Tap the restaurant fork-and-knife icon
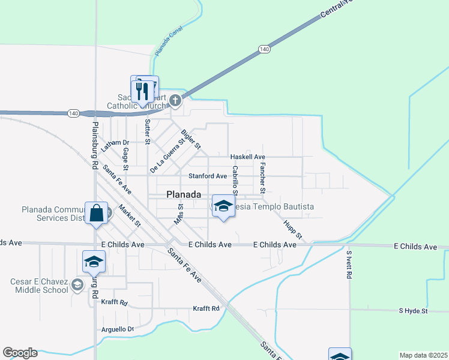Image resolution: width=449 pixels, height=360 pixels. (x=142, y=91)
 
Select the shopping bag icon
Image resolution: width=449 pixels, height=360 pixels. (x=96, y=214)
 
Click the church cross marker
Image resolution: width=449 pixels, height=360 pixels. (x=175, y=100)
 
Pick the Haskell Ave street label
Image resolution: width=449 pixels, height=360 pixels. (x=248, y=157)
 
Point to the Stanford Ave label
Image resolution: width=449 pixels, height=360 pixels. (x=208, y=176)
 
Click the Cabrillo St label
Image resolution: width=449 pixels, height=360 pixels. (x=236, y=180)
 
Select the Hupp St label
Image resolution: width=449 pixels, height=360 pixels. (x=292, y=228)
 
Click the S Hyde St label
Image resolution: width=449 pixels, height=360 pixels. (x=413, y=311)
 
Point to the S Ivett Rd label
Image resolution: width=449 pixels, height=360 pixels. (x=348, y=265)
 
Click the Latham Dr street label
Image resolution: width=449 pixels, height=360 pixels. (x=115, y=145)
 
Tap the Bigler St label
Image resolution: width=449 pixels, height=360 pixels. (x=191, y=140)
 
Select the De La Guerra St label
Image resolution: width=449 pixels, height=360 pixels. (x=166, y=154)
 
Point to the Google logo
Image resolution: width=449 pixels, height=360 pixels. (x=20, y=353)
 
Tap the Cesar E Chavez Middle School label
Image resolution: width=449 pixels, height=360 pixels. (x=39, y=286)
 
